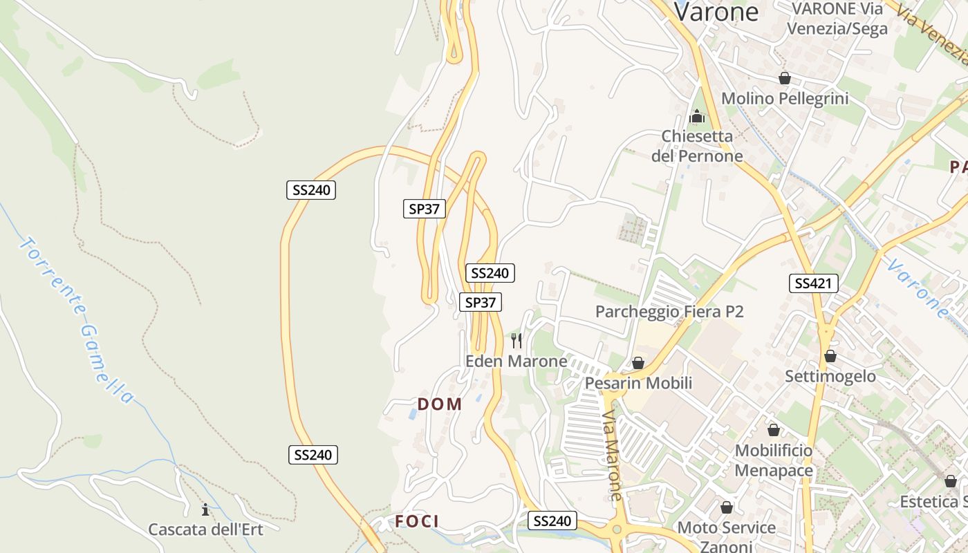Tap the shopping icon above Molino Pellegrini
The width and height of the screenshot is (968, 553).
click(x=785, y=78)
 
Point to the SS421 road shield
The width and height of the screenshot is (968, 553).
click(x=813, y=283)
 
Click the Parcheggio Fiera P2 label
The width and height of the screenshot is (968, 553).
click(x=669, y=312)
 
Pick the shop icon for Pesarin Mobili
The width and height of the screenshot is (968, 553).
click(x=638, y=363)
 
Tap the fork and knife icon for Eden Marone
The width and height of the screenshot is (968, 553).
click(x=516, y=340)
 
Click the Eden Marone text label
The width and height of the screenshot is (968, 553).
click(x=516, y=361)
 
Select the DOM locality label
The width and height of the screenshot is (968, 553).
click(x=440, y=404)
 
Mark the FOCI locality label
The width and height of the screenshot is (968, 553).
click(x=417, y=521)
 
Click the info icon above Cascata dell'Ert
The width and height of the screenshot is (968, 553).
click(x=205, y=510)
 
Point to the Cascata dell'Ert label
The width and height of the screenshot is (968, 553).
click(x=205, y=529)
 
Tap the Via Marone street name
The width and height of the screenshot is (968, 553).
click(x=612, y=456)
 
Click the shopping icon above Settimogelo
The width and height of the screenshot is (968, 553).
click(x=830, y=356)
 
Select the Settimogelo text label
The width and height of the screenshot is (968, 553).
click(x=830, y=377)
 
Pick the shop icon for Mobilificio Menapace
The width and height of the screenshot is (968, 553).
click(x=774, y=430)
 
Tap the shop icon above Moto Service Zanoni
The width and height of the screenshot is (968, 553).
click(x=727, y=508)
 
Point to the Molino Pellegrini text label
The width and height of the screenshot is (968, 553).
click(x=785, y=99)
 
